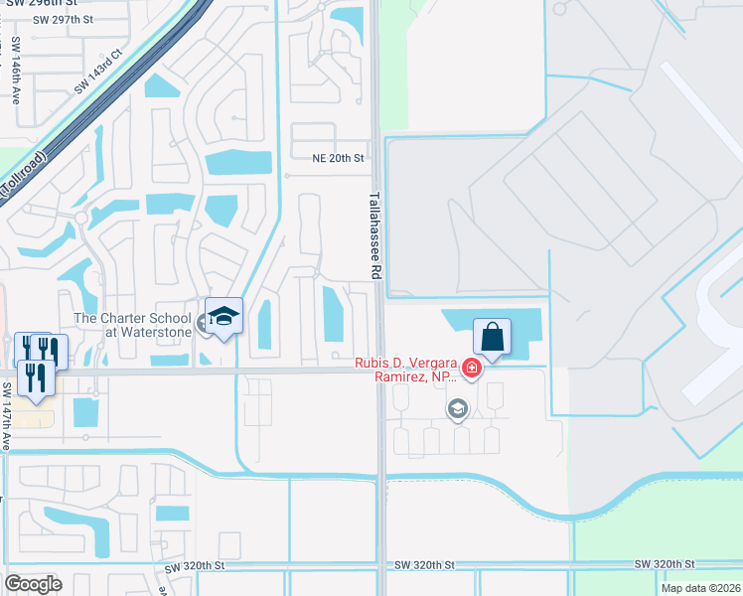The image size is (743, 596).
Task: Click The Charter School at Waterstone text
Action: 132,325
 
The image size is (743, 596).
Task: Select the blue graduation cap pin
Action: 223,316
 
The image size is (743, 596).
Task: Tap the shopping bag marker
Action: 492,337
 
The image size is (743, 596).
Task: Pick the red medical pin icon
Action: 472,370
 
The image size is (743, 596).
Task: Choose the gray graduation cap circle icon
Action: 458,407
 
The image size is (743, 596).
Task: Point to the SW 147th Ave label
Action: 6,416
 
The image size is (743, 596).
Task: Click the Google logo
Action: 33,584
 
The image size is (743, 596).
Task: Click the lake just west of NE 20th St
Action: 237,162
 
